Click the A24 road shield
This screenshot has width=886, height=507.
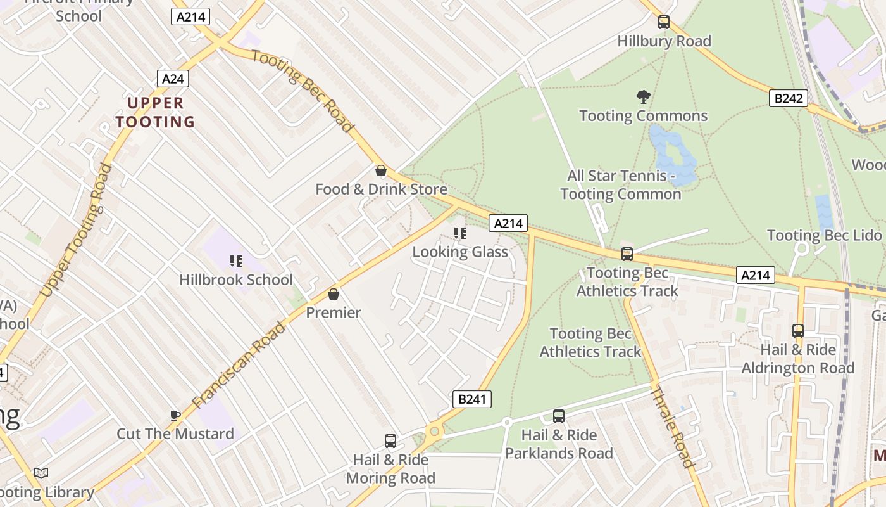point(173,79)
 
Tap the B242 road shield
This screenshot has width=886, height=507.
point(789,98)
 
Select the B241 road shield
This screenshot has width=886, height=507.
point(472,399)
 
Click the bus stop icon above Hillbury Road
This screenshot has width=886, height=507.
point(664,22)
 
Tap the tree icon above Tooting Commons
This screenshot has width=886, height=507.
point(644,97)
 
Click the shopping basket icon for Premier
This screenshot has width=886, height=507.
point(334,294)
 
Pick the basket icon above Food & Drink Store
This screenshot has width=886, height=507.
point(381,170)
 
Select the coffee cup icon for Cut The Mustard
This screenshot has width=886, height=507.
point(175,415)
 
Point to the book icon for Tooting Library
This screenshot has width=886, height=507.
point(41,473)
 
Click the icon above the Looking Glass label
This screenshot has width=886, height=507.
point(460,233)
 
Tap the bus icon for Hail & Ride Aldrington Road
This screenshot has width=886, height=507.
point(798,331)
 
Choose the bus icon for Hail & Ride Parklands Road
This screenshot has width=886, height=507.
point(559,416)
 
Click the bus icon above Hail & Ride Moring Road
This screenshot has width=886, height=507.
point(390,441)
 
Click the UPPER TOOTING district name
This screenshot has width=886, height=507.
point(155,112)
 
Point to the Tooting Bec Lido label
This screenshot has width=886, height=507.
point(824,236)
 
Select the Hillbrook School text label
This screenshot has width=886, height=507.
point(235,279)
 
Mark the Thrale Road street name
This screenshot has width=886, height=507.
point(673,427)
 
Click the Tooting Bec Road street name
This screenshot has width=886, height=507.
point(303,91)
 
